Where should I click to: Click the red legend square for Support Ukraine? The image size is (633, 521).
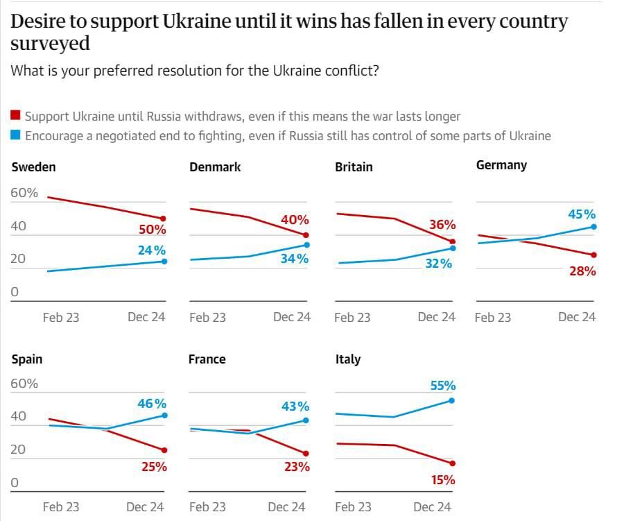click(17, 116)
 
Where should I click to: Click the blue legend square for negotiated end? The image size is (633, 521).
click(17, 135)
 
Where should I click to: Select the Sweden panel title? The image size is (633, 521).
click(33, 166)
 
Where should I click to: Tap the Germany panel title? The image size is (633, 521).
click(501, 165)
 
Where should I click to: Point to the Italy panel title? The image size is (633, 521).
click(347, 359)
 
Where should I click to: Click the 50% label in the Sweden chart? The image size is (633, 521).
click(153, 230)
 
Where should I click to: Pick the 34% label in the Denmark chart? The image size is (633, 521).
click(295, 259)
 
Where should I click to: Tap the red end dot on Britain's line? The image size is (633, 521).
click(453, 241)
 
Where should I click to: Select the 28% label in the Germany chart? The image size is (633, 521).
click(582, 271)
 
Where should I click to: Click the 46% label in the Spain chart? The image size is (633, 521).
click(152, 403)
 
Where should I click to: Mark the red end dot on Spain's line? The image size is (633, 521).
click(164, 450)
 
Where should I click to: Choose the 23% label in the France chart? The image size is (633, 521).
click(297, 467)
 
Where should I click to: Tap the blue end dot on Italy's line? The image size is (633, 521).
click(452, 400)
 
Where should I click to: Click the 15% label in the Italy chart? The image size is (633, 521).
click(442, 479)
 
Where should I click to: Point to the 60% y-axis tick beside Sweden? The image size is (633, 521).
click(24, 193)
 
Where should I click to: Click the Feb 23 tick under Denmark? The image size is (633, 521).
click(207, 317)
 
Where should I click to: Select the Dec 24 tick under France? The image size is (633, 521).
click(286, 507)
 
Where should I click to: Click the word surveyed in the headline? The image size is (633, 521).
click(51, 44)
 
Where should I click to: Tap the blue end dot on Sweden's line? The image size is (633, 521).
click(164, 261)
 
